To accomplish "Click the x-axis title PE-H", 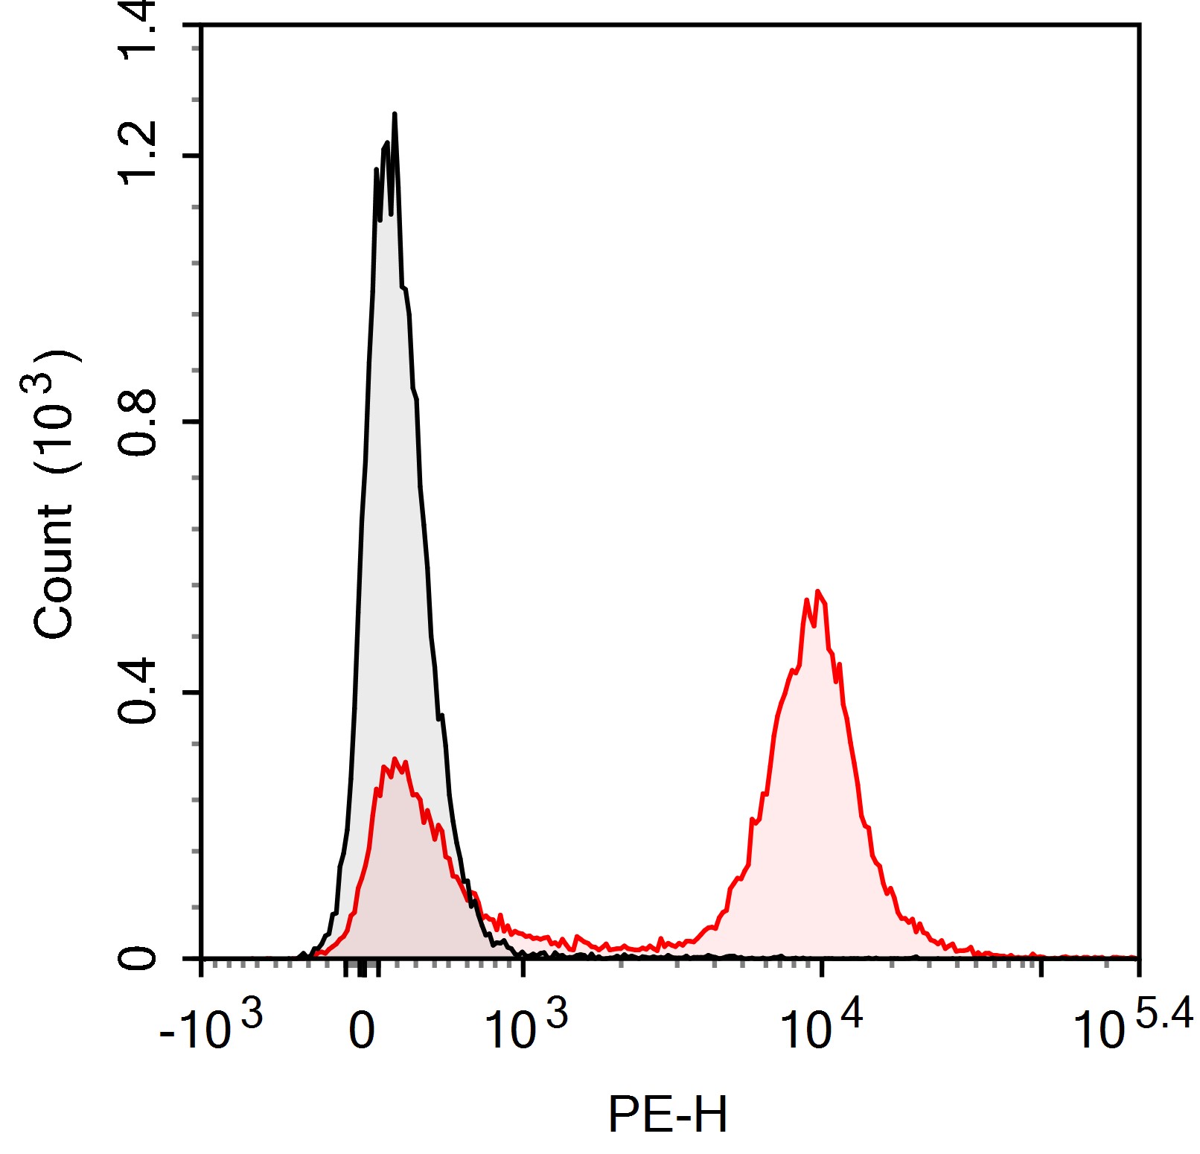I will click(667, 1115).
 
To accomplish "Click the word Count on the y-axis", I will click(54, 572).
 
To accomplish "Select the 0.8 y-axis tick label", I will click(138, 421).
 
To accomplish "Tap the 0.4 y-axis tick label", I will click(138, 692).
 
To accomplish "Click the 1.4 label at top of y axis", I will click(138, 30).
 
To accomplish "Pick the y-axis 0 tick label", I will click(138, 957).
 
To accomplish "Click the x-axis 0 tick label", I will click(362, 1031).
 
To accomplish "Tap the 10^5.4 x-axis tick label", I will click(1132, 1026).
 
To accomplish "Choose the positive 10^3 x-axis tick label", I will click(525, 1026).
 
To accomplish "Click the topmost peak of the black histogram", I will click(394, 115).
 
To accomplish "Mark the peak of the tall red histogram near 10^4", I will click(818, 592).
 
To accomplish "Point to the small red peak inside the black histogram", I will click(395, 760).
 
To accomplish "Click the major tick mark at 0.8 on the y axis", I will click(192, 421).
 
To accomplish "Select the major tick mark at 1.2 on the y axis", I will click(192, 156).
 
